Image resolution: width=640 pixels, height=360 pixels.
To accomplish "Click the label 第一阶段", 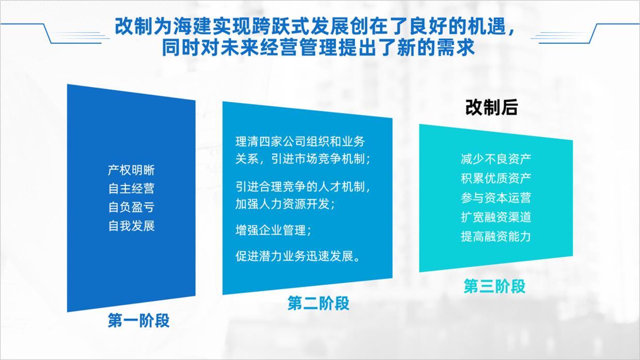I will pyautogui.click(x=138, y=321).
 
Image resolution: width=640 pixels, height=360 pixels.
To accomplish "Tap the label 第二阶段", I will pyautogui.click(x=318, y=303).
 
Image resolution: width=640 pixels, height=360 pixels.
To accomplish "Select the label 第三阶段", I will pyautogui.click(x=494, y=286).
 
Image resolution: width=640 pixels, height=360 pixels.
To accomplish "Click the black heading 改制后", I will pyautogui.click(x=491, y=108).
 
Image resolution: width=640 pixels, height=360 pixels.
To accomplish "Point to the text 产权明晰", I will pyautogui.click(x=131, y=170).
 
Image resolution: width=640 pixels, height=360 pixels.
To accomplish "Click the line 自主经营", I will pyautogui.click(x=131, y=189).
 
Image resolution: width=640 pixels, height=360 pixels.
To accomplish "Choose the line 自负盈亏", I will pyautogui.click(x=131, y=207).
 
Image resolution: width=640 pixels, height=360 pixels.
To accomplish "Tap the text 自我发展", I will pyautogui.click(x=131, y=226).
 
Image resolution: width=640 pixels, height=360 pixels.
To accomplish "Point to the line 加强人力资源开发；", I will pyautogui.click(x=285, y=204).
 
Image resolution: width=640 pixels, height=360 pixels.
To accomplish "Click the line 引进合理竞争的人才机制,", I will pyautogui.click(x=303, y=186).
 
